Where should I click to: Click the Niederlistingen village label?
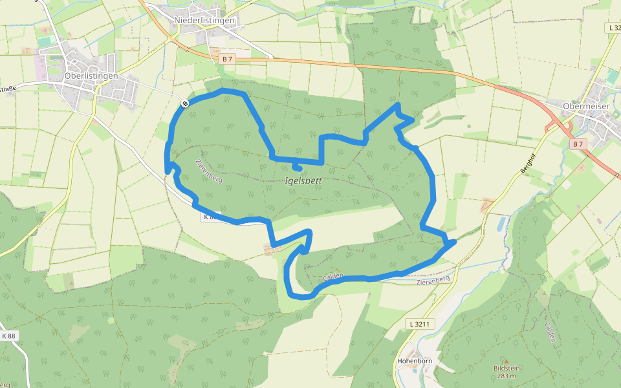(204, 21)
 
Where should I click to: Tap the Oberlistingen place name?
(91, 76)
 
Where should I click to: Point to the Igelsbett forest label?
(303, 181)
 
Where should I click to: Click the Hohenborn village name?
(414, 360)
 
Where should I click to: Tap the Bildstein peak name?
(507, 368)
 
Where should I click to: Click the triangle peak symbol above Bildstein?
(507, 361)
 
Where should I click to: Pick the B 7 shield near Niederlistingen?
(227, 59)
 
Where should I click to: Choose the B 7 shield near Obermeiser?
(578, 144)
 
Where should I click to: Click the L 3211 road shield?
(419, 323)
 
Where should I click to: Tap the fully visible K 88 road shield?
(8, 336)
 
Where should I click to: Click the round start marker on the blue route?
(185, 103)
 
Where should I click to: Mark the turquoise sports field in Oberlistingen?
(44, 41)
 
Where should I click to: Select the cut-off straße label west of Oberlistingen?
(8, 89)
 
